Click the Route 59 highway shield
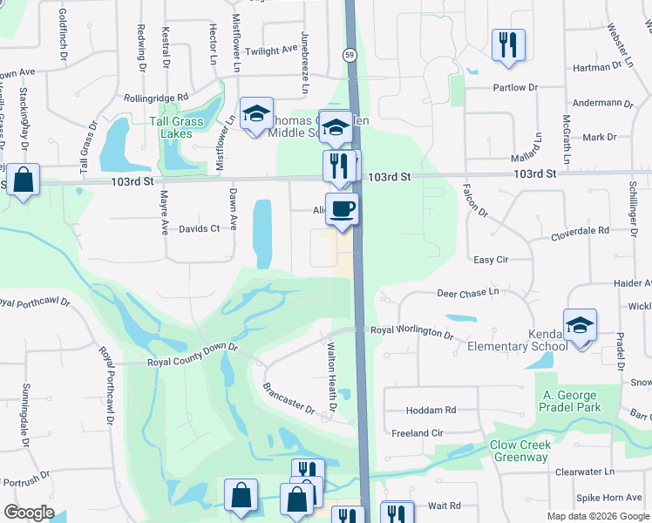(348, 54)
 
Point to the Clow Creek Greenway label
(520, 451)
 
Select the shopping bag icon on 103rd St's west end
(24, 180)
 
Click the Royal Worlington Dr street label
(412, 333)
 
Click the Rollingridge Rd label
(156, 98)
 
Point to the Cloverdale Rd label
(580, 231)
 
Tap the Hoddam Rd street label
(431, 410)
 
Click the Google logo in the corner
(29, 513)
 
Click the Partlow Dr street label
(509, 87)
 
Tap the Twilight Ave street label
(271, 51)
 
